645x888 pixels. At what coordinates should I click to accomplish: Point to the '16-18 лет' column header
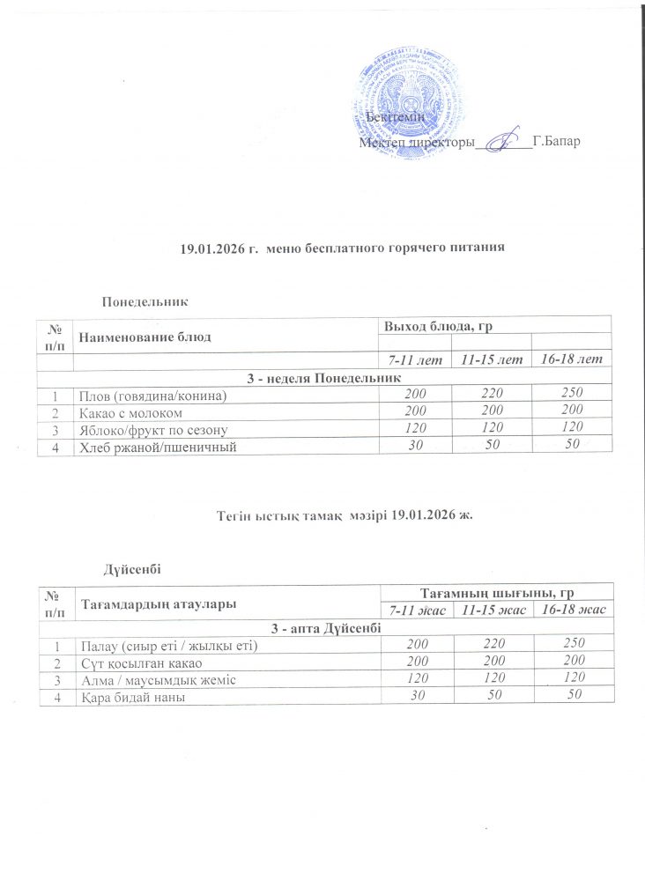point(570,360)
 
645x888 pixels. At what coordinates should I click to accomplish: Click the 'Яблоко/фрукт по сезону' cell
point(154,429)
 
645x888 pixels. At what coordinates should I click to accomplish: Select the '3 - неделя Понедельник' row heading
point(322,377)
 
